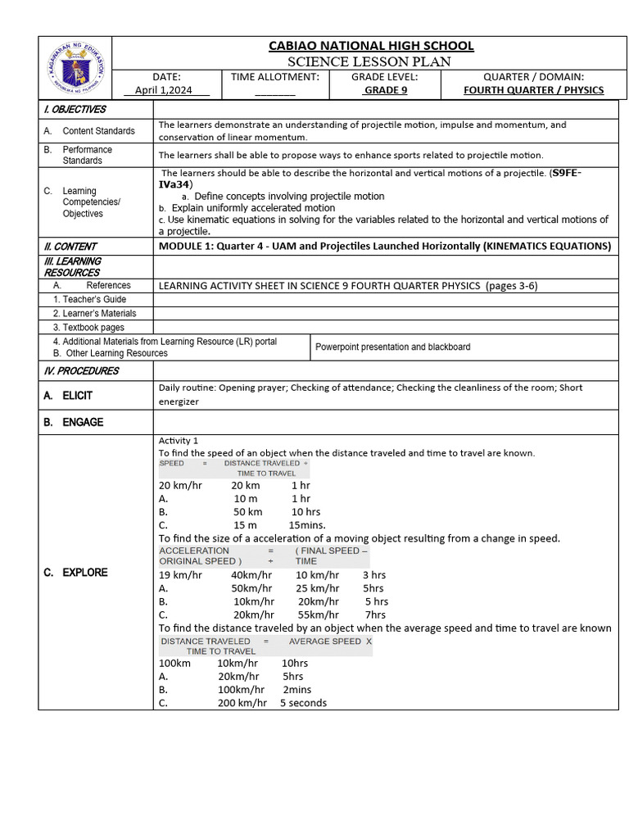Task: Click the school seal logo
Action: pyautogui.click(x=75, y=67)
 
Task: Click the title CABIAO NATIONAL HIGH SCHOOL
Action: pyautogui.click(x=371, y=46)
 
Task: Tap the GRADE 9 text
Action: pyautogui.click(x=385, y=90)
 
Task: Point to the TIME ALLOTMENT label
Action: pyautogui.click(x=274, y=76)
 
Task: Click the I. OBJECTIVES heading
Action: pyautogui.click(x=75, y=109)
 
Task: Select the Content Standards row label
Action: pyautogui.click(x=98, y=131)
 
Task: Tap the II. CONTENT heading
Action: pyautogui.click(x=70, y=246)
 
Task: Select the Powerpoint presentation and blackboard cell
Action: pyautogui.click(x=392, y=347)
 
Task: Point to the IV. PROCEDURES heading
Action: pyautogui.click(x=81, y=370)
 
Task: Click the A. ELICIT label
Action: pyautogui.click(x=68, y=396)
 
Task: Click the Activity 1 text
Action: pyautogui.click(x=179, y=441)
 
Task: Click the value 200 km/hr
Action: pyautogui.click(x=242, y=703)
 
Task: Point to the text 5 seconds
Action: pyautogui.click(x=303, y=703)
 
